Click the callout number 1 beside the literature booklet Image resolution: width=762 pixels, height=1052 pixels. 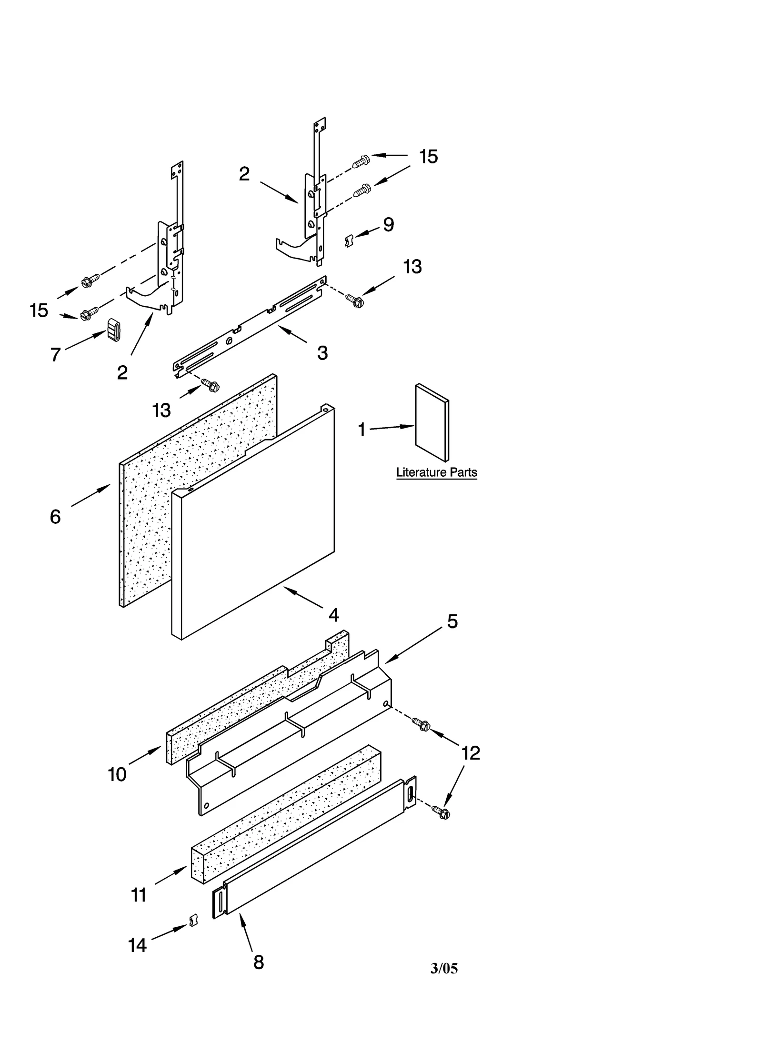(x=361, y=430)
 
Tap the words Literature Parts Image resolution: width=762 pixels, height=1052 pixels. (x=436, y=472)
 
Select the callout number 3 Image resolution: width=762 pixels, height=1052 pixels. (x=322, y=353)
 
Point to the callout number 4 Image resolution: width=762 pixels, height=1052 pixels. (x=333, y=615)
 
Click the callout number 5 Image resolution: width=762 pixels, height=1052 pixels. (x=452, y=621)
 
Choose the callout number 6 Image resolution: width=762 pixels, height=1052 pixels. (x=55, y=517)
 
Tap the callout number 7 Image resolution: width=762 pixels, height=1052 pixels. (x=56, y=354)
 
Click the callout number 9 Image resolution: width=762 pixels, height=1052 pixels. (x=389, y=225)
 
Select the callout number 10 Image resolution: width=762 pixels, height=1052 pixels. (x=117, y=775)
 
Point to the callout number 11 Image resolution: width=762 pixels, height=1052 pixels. (x=139, y=896)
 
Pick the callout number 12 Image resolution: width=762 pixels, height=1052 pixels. (x=471, y=753)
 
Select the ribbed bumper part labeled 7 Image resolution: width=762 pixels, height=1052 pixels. (x=113, y=330)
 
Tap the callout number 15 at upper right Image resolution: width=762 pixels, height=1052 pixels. (x=428, y=157)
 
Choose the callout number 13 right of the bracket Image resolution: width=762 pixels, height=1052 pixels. (x=412, y=267)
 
